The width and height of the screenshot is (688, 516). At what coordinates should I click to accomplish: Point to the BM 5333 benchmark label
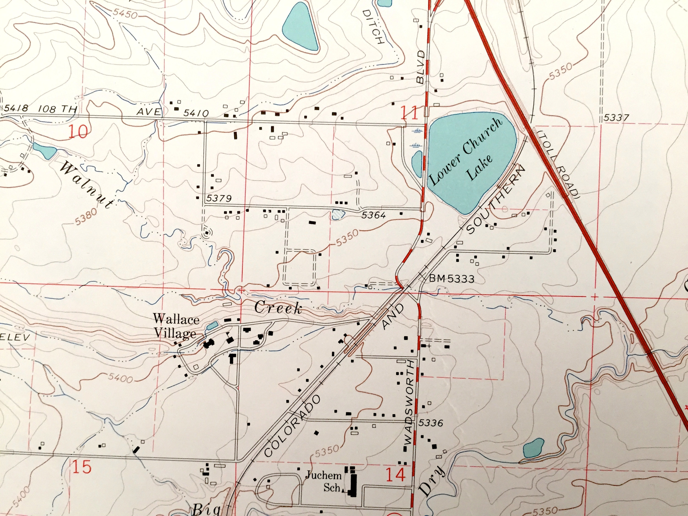coord(452,279)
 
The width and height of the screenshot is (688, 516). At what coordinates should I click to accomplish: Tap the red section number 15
coord(82,467)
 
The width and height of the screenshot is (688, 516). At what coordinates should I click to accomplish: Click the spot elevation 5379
coord(219,198)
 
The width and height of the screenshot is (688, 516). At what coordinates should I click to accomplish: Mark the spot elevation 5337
coord(616,118)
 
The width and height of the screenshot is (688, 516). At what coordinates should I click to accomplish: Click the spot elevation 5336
coord(430,423)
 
